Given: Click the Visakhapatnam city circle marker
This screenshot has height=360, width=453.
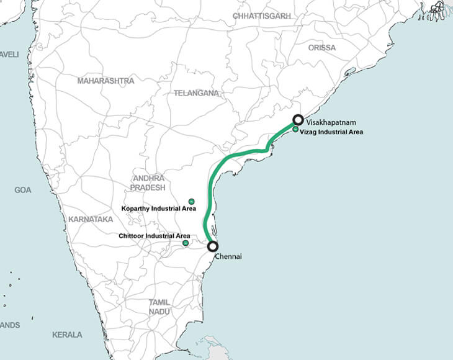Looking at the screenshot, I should click(x=298, y=120).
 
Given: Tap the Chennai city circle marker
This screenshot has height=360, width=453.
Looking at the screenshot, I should click(x=212, y=246).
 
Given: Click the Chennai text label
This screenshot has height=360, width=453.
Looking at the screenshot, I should click(x=228, y=256).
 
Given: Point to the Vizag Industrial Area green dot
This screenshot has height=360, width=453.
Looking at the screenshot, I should click(x=295, y=130).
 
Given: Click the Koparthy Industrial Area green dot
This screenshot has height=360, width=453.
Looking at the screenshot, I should click(x=191, y=201).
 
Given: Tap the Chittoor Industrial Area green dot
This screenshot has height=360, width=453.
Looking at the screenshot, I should click(x=186, y=243).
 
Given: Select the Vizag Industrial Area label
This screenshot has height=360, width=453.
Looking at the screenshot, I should click(x=331, y=132).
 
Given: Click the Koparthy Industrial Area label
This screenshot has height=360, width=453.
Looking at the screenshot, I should click(x=159, y=209).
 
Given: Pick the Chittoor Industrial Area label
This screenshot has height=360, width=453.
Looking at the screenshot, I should click(x=154, y=236).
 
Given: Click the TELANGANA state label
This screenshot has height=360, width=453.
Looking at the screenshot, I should click(x=196, y=92).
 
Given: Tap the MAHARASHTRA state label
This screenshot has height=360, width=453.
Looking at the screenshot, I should click(x=105, y=81).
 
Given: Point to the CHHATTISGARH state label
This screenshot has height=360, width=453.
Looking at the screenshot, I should click(x=262, y=16).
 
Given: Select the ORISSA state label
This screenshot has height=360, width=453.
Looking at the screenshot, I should click(x=321, y=47).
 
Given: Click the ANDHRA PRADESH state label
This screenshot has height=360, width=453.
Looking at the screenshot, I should click(x=149, y=182).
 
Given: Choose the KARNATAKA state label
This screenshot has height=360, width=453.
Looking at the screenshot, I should click(x=91, y=220).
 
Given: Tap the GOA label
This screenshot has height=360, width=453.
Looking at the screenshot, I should click(x=23, y=190).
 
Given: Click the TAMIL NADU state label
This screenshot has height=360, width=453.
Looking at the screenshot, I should click(x=159, y=307).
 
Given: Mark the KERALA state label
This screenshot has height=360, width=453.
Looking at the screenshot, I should click(x=67, y=335).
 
